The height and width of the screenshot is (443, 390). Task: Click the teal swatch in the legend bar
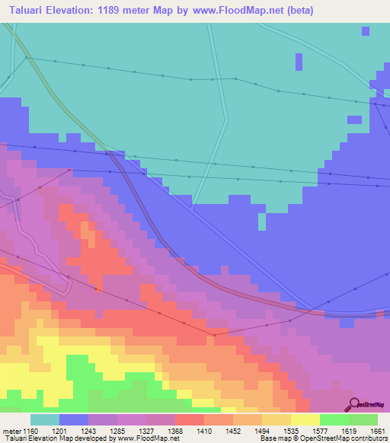click(x=45, y=419)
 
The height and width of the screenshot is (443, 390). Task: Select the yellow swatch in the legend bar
click(x=305, y=419)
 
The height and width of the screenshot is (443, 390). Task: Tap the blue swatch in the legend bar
click(x=74, y=419)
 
